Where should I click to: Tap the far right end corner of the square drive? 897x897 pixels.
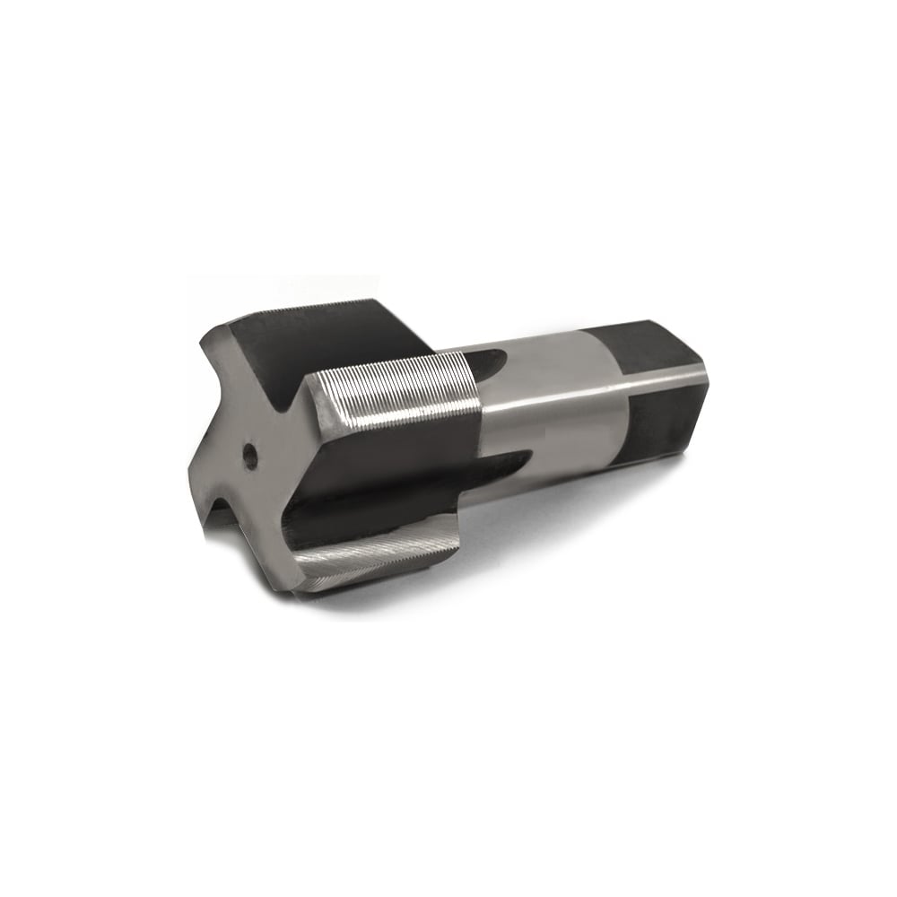pos(707,368)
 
